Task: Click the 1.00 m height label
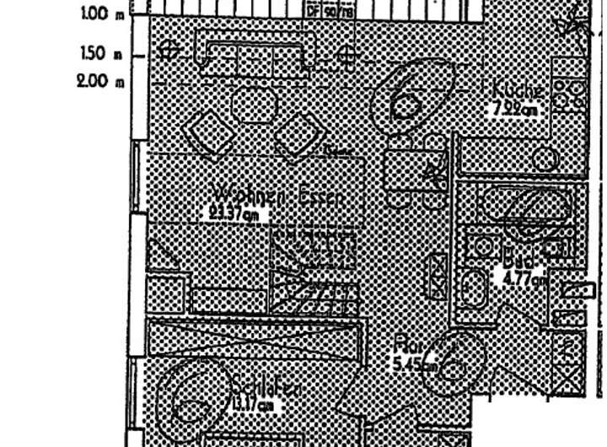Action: point(101,13)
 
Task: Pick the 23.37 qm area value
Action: point(239,214)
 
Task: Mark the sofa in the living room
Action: point(255,53)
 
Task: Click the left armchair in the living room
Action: point(206,132)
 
